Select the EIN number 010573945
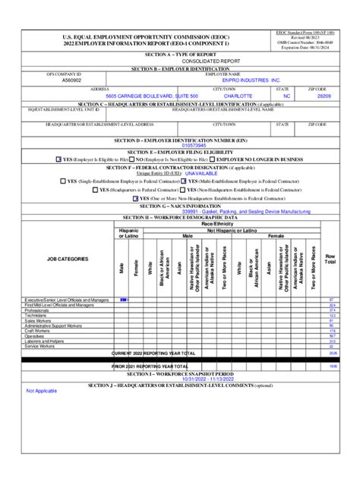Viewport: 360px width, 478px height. pyautogui.click(x=172, y=145)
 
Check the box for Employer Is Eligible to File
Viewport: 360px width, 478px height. pyautogui.click(x=59, y=159)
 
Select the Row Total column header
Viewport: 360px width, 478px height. pyautogui.click(x=330, y=259)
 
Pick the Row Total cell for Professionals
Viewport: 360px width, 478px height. pyautogui.click(x=332, y=310)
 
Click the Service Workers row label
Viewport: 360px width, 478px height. pyautogui.click(x=41, y=346)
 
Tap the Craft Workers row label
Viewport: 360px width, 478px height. pyautogui.click(x=39, y=331)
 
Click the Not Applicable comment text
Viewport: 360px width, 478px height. pyautogui.click(x=42, y=391)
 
